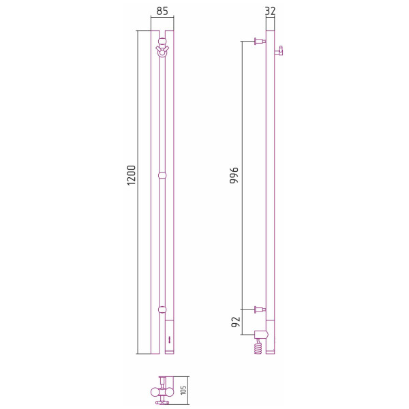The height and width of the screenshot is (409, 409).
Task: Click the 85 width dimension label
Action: coord(162,11)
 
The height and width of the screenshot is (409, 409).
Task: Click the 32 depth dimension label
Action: coord(270,11)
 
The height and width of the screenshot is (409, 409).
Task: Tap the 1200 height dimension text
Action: coord(131,175)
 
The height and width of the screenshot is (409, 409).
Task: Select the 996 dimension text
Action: coord(234,176)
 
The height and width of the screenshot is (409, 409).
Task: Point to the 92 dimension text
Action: coord(236,322)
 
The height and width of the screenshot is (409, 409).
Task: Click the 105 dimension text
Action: coord(183,390)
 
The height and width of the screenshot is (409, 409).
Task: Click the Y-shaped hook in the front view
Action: coord(162,51)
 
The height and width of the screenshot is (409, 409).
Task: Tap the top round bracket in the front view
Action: coord(162,41)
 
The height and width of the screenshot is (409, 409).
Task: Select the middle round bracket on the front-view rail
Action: coord(162,175)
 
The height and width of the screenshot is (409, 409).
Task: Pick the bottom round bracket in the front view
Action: coord(162,309)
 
